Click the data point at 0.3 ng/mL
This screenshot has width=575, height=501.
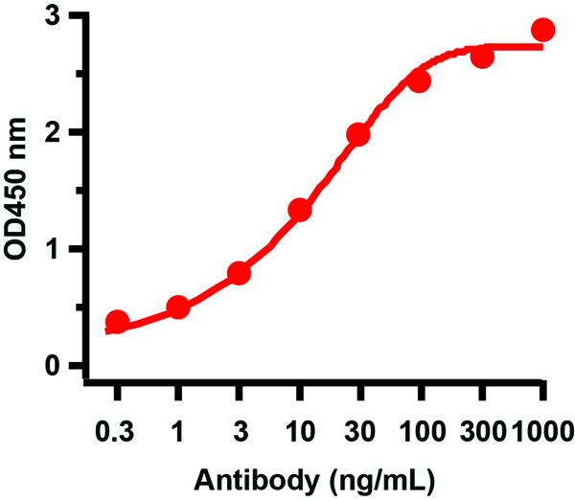pos(117,322)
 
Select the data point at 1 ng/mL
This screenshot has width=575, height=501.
pos(177,307)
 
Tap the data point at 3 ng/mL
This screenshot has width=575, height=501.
pos(239,274)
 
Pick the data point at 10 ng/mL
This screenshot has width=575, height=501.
pos(299,210)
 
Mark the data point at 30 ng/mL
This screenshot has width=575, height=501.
pos(358,135)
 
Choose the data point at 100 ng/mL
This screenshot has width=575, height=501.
pos(419,81)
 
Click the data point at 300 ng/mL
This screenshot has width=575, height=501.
pos(482,57)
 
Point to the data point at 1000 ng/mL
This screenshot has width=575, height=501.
pos(542,30)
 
